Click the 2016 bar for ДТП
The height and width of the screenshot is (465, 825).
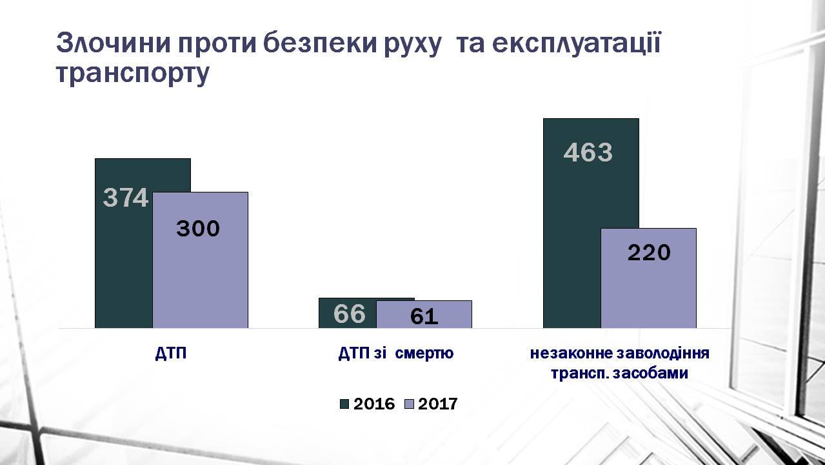click(x=124, y=243)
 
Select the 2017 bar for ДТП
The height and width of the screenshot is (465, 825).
click(x=201, y=260)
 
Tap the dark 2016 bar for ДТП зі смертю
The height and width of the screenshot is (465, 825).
click(x=347, y=313)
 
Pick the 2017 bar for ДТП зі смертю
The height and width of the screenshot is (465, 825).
click(x=424, y=314)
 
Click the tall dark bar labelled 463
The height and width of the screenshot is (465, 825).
click(x=572, y=223)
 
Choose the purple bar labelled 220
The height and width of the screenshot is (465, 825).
click(x=648, y=278)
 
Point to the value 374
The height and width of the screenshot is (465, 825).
click(x=126, y=198)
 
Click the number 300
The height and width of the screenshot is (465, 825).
click(x=198, y=228)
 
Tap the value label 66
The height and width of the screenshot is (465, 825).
click(x=350, y=314)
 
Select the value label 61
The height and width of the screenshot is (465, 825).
click(x=424, y=316)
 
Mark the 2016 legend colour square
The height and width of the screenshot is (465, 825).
click(x=344, y=404)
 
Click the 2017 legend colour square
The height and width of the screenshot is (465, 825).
click(x=409, y=404)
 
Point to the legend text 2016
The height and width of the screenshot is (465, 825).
click(x=374, y=404)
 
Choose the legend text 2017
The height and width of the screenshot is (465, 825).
click(x=437, y=404)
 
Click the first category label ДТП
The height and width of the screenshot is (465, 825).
click(x=171, y=354)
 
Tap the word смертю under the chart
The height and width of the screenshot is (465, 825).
click(x=424, y=354)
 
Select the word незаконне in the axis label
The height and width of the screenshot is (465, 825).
click(x=571, y=354)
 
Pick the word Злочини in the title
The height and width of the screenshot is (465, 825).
click(x=113, y=43)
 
